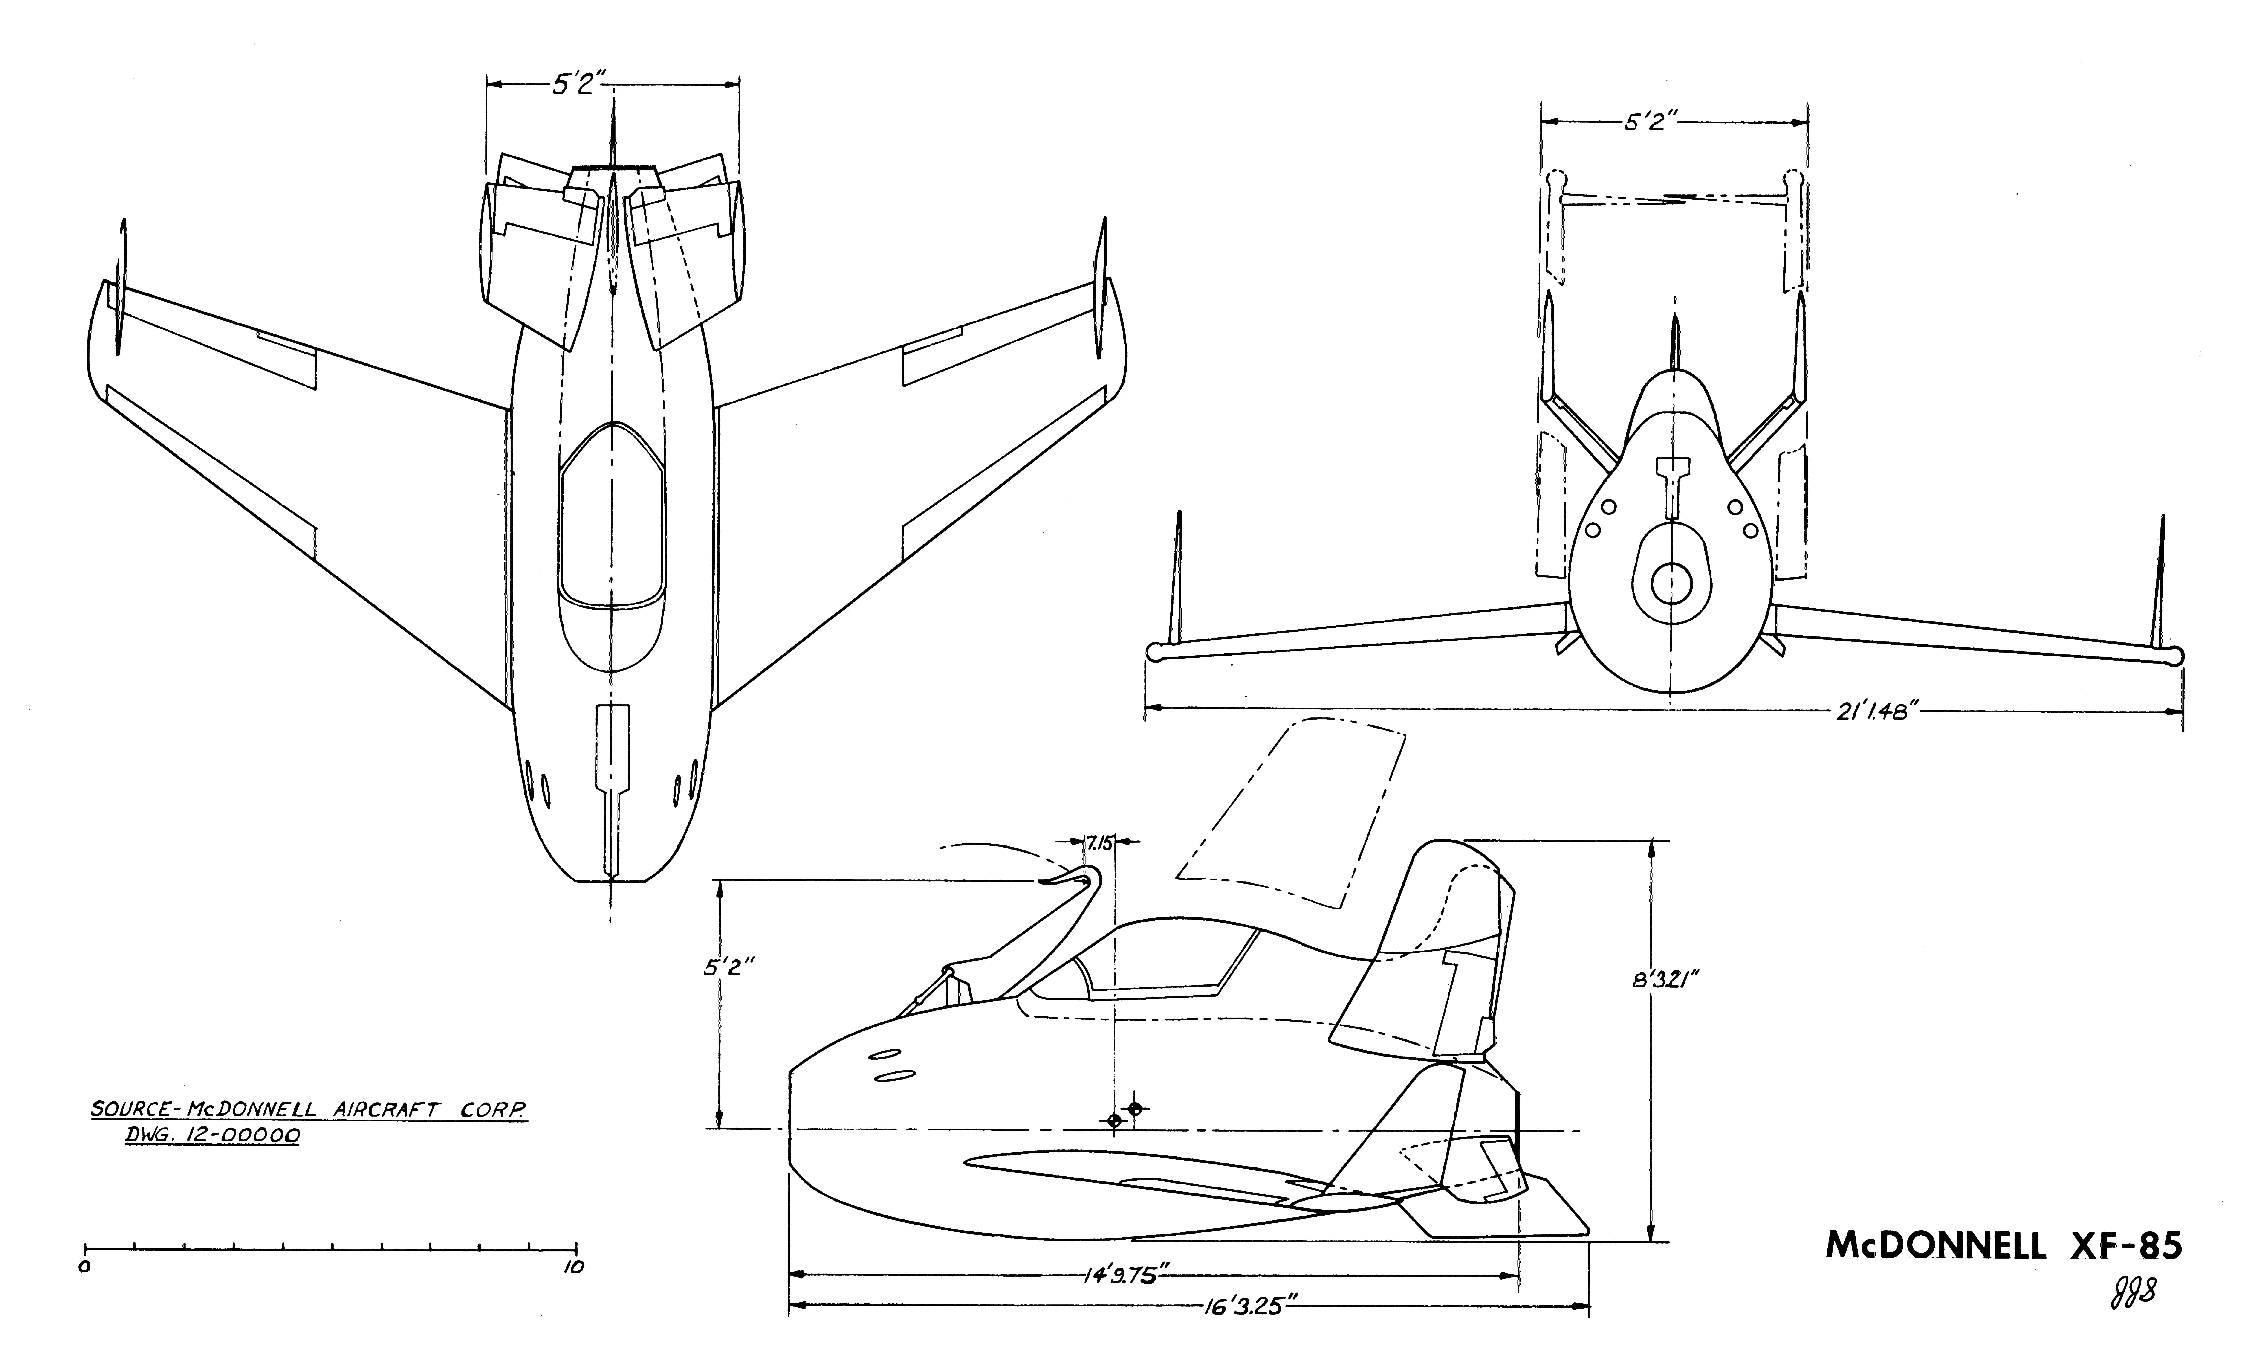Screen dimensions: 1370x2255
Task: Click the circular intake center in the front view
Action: point(1671,582)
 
